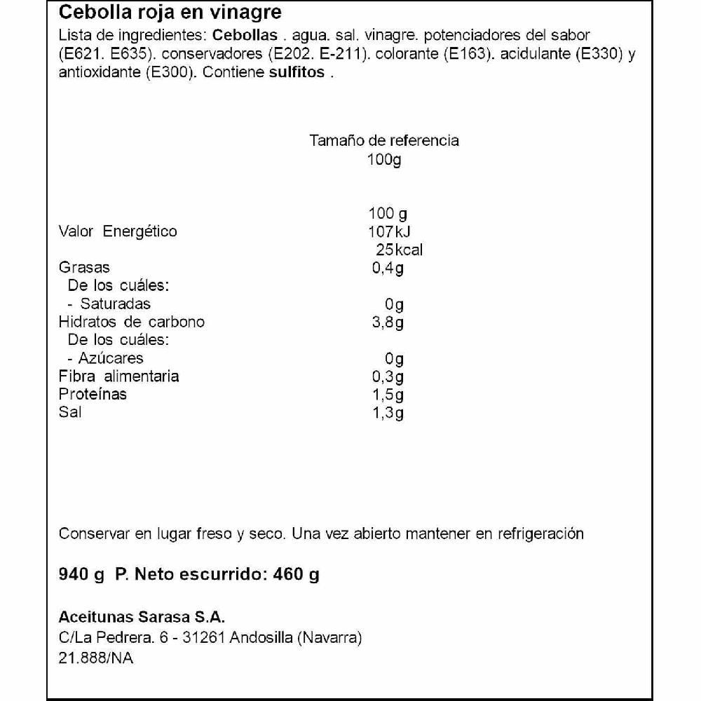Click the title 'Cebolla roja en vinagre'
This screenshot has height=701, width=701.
(170, 12)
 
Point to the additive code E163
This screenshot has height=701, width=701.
(465, 55)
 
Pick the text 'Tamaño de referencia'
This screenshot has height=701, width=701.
(384, 140)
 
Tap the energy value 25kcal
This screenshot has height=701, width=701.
(395, 250)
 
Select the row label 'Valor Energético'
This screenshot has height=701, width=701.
(118, 232)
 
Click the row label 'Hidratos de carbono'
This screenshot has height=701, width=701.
(132, 322)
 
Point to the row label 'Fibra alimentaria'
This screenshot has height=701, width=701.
(118, 376)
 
